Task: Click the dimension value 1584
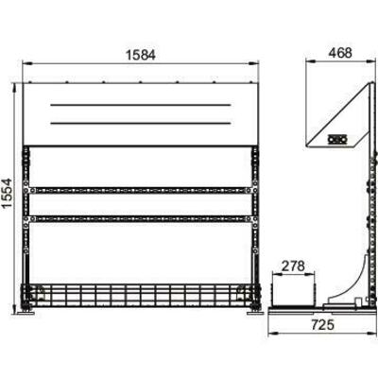(x=141, y=55)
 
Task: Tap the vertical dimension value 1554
(x=7, y=193)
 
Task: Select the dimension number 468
(x=340, y=53)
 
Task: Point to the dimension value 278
(x=293, y=266)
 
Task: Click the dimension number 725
(x=322, y=324)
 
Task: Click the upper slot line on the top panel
(x=141, y=105)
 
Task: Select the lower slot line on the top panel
(x=141, y=123)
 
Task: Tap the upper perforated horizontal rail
(x=141, y=190)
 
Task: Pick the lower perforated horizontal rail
(x=141, y=218)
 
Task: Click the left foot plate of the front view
(x=26, y=313)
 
